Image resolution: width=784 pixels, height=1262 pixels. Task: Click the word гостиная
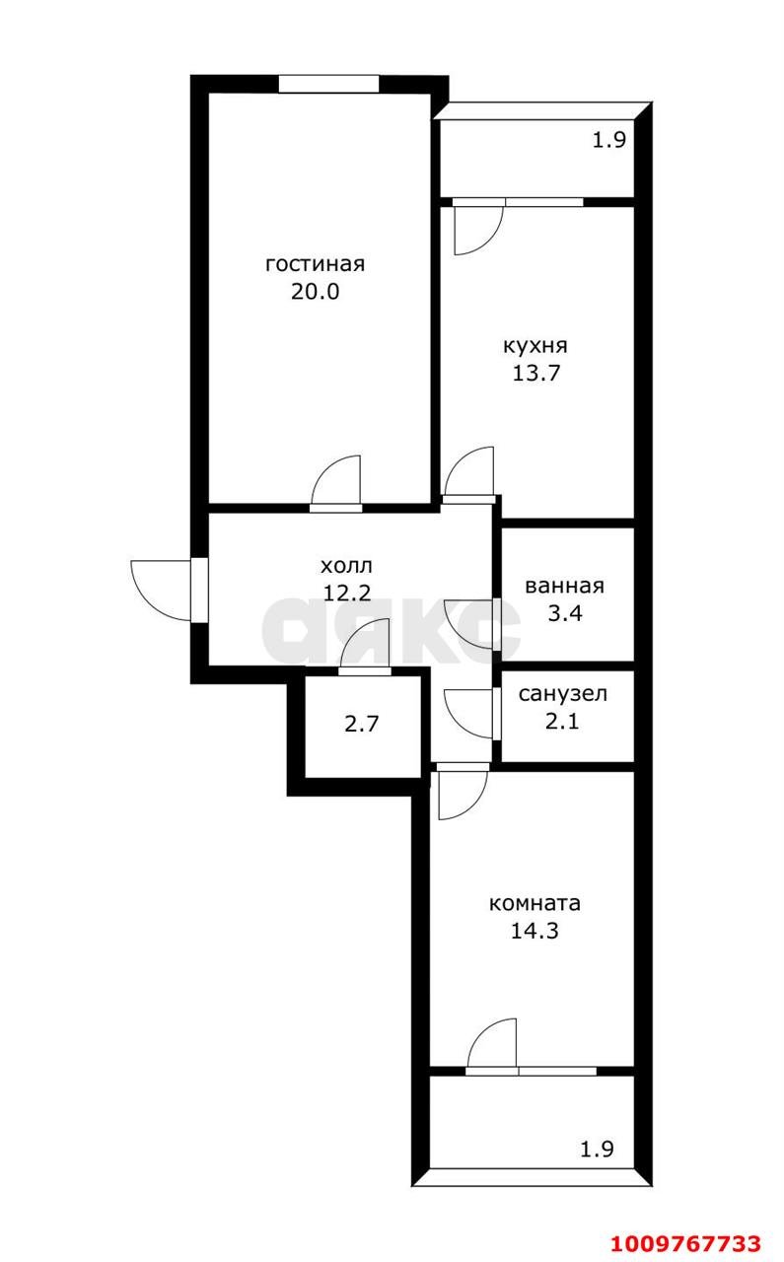[315, 264]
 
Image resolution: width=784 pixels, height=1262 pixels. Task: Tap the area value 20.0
[315, 292]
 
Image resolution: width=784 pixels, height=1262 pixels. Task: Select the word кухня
[535, 346]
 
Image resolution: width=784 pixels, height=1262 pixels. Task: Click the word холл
[347, 566]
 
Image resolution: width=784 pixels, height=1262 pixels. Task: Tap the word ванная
[564, 586]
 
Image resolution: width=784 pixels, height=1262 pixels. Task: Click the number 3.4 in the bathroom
[564, 613]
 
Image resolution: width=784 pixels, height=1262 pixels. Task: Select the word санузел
[563, 694]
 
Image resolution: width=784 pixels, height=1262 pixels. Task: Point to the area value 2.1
[563, 721]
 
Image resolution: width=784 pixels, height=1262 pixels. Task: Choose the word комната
[535, 903]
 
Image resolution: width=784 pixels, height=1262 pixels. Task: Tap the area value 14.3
[535, 930]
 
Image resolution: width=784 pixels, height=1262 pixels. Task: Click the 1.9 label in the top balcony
[608, 140]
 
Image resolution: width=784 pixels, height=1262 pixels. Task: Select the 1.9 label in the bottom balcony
[596, 1149]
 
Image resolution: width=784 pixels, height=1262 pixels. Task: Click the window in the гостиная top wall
[327, 83]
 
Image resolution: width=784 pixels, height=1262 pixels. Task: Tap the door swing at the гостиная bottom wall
[337, 483]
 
